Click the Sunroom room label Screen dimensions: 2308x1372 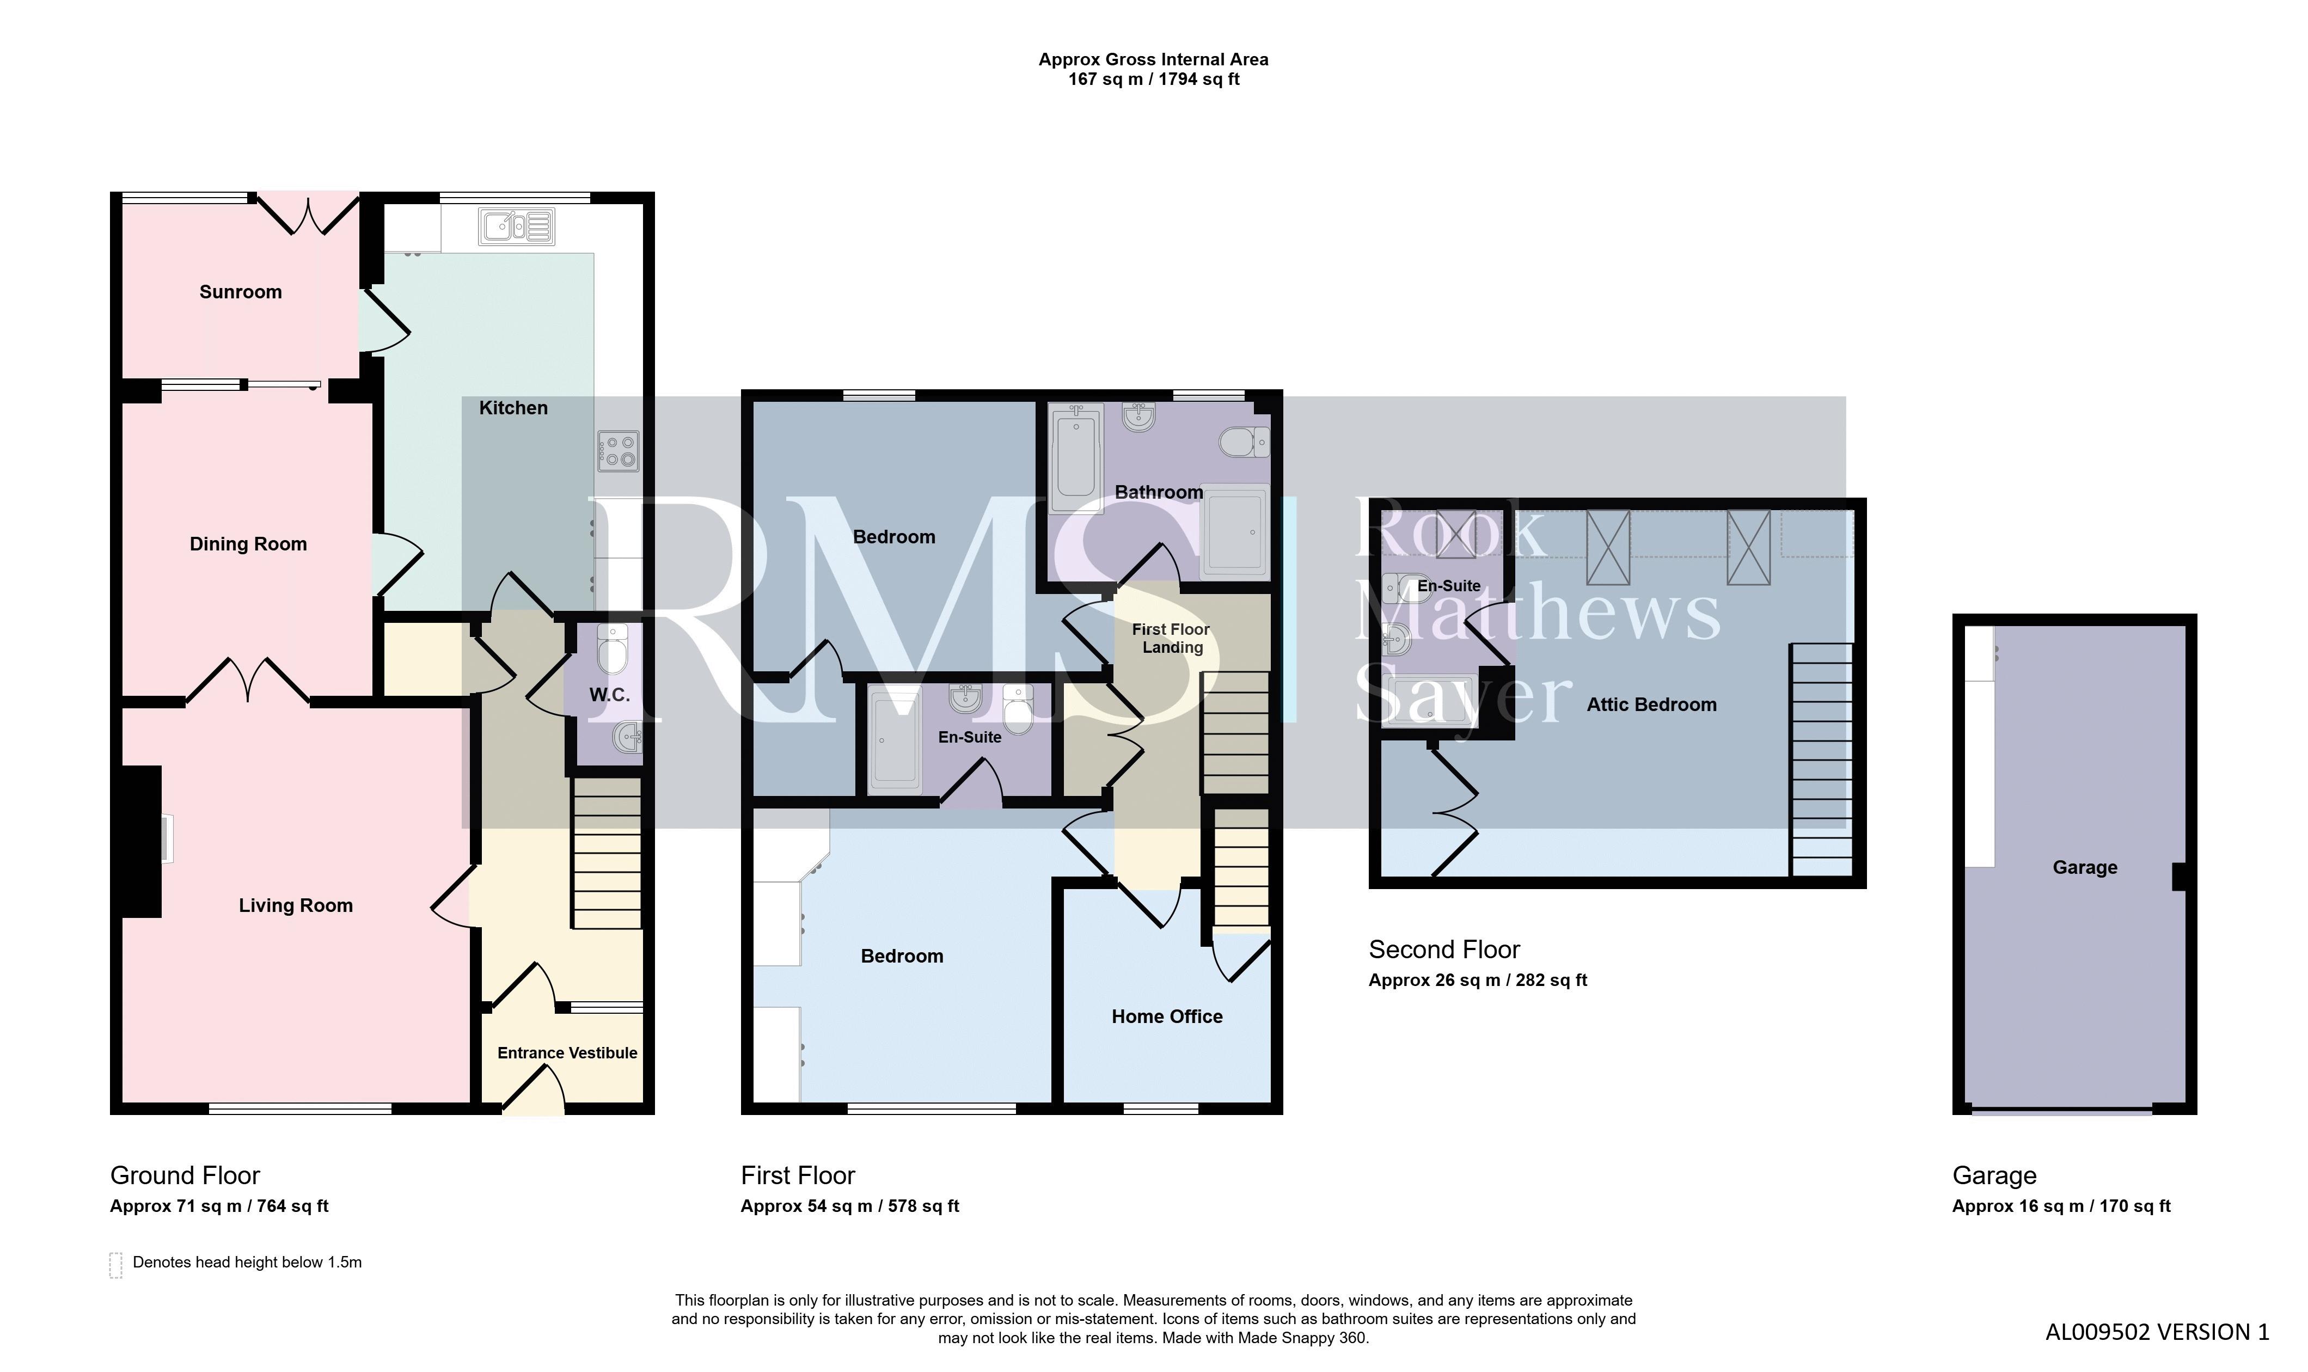(240, 292)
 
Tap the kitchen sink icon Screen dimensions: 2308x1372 (517, 225)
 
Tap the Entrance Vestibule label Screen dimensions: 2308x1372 (567, 1053)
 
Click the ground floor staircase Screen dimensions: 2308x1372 (607, 853)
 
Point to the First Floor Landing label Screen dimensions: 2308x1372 (1171, 638)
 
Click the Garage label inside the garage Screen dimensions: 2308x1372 (2084, 867)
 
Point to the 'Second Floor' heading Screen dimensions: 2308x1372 (1444, 950)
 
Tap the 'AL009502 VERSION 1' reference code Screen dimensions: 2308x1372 (2157, 1332)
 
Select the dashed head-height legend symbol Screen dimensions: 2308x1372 (115, 1265)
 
